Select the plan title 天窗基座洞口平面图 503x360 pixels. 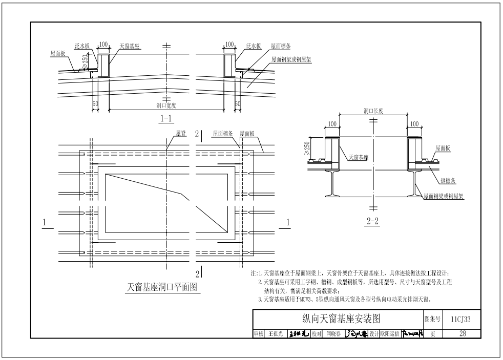161,287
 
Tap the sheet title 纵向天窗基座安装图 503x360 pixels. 341,319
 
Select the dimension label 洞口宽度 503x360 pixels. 166,106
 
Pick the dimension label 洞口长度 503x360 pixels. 373,111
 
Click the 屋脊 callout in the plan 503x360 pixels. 180,133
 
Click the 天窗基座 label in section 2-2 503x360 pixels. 359,157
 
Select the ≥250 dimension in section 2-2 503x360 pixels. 307,147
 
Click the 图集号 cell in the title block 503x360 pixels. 433,319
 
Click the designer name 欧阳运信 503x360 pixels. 389,334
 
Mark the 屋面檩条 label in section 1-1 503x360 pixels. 281,46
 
